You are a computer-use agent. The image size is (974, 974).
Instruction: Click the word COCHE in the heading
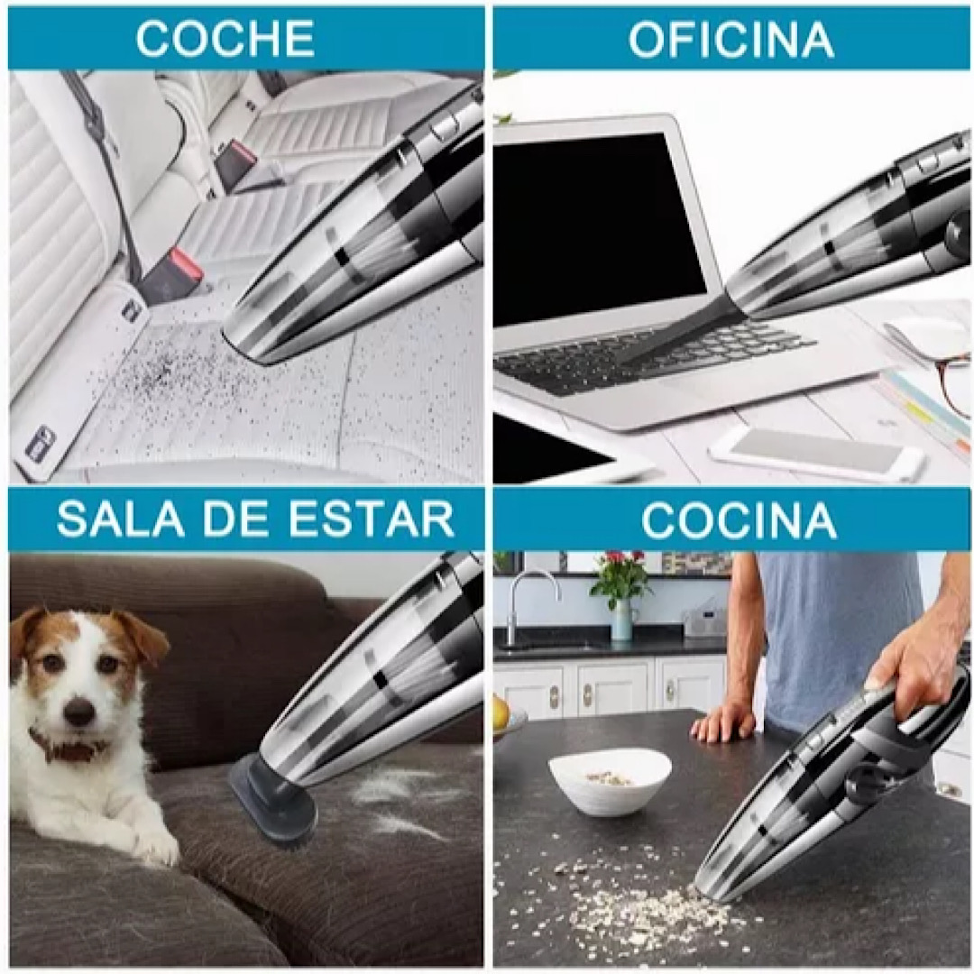pos(225,39)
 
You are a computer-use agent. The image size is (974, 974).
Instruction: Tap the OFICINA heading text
pos(730,39)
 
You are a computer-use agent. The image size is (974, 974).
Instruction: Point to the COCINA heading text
pos(739,520)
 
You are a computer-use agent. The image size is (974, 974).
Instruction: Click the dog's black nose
pos(78,712)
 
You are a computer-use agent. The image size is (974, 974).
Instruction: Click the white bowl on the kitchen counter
pos(610,778)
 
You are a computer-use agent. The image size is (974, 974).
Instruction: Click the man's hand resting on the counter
pos(722,721)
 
